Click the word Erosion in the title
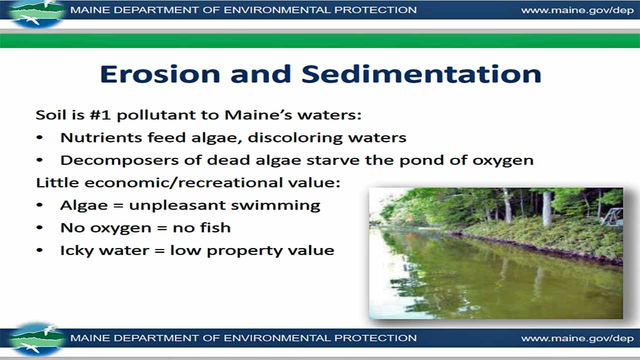160,73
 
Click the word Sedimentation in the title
421,73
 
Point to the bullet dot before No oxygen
40,228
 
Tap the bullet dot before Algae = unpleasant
40,205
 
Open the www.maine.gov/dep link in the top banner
577,10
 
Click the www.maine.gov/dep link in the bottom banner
577,338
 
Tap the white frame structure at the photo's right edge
613,216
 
